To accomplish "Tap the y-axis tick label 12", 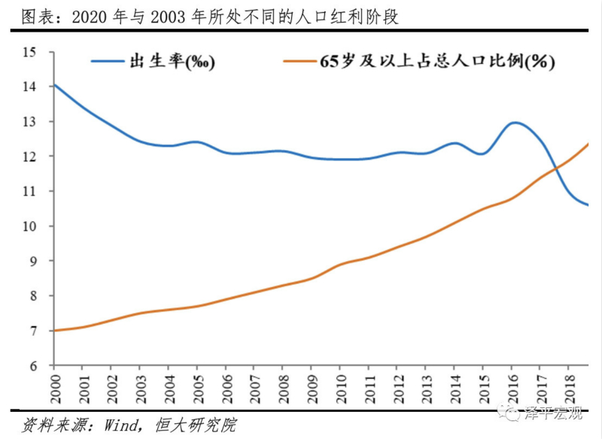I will [x=29, y=157].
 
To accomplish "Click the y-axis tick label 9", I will [x=32, y=261].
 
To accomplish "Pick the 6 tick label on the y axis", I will [x=32, y=366].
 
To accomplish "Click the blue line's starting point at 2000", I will [x=54, y=85].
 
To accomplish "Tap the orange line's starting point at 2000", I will [x=54, y=330].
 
